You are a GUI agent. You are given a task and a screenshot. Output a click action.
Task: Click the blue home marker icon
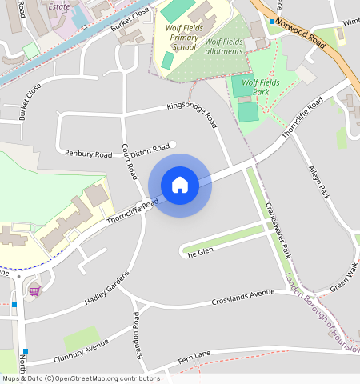tap(180, 185)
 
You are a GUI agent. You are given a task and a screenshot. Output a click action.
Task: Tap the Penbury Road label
tap(89, 153)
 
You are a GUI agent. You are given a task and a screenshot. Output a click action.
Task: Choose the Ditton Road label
tap(150, 149)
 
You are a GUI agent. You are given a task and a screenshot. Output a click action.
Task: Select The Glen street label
tap(199, 253)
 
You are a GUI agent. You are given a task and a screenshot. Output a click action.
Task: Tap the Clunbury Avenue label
tap(80, 350)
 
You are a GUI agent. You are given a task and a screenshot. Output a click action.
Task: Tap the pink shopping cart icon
tap(34, 290)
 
